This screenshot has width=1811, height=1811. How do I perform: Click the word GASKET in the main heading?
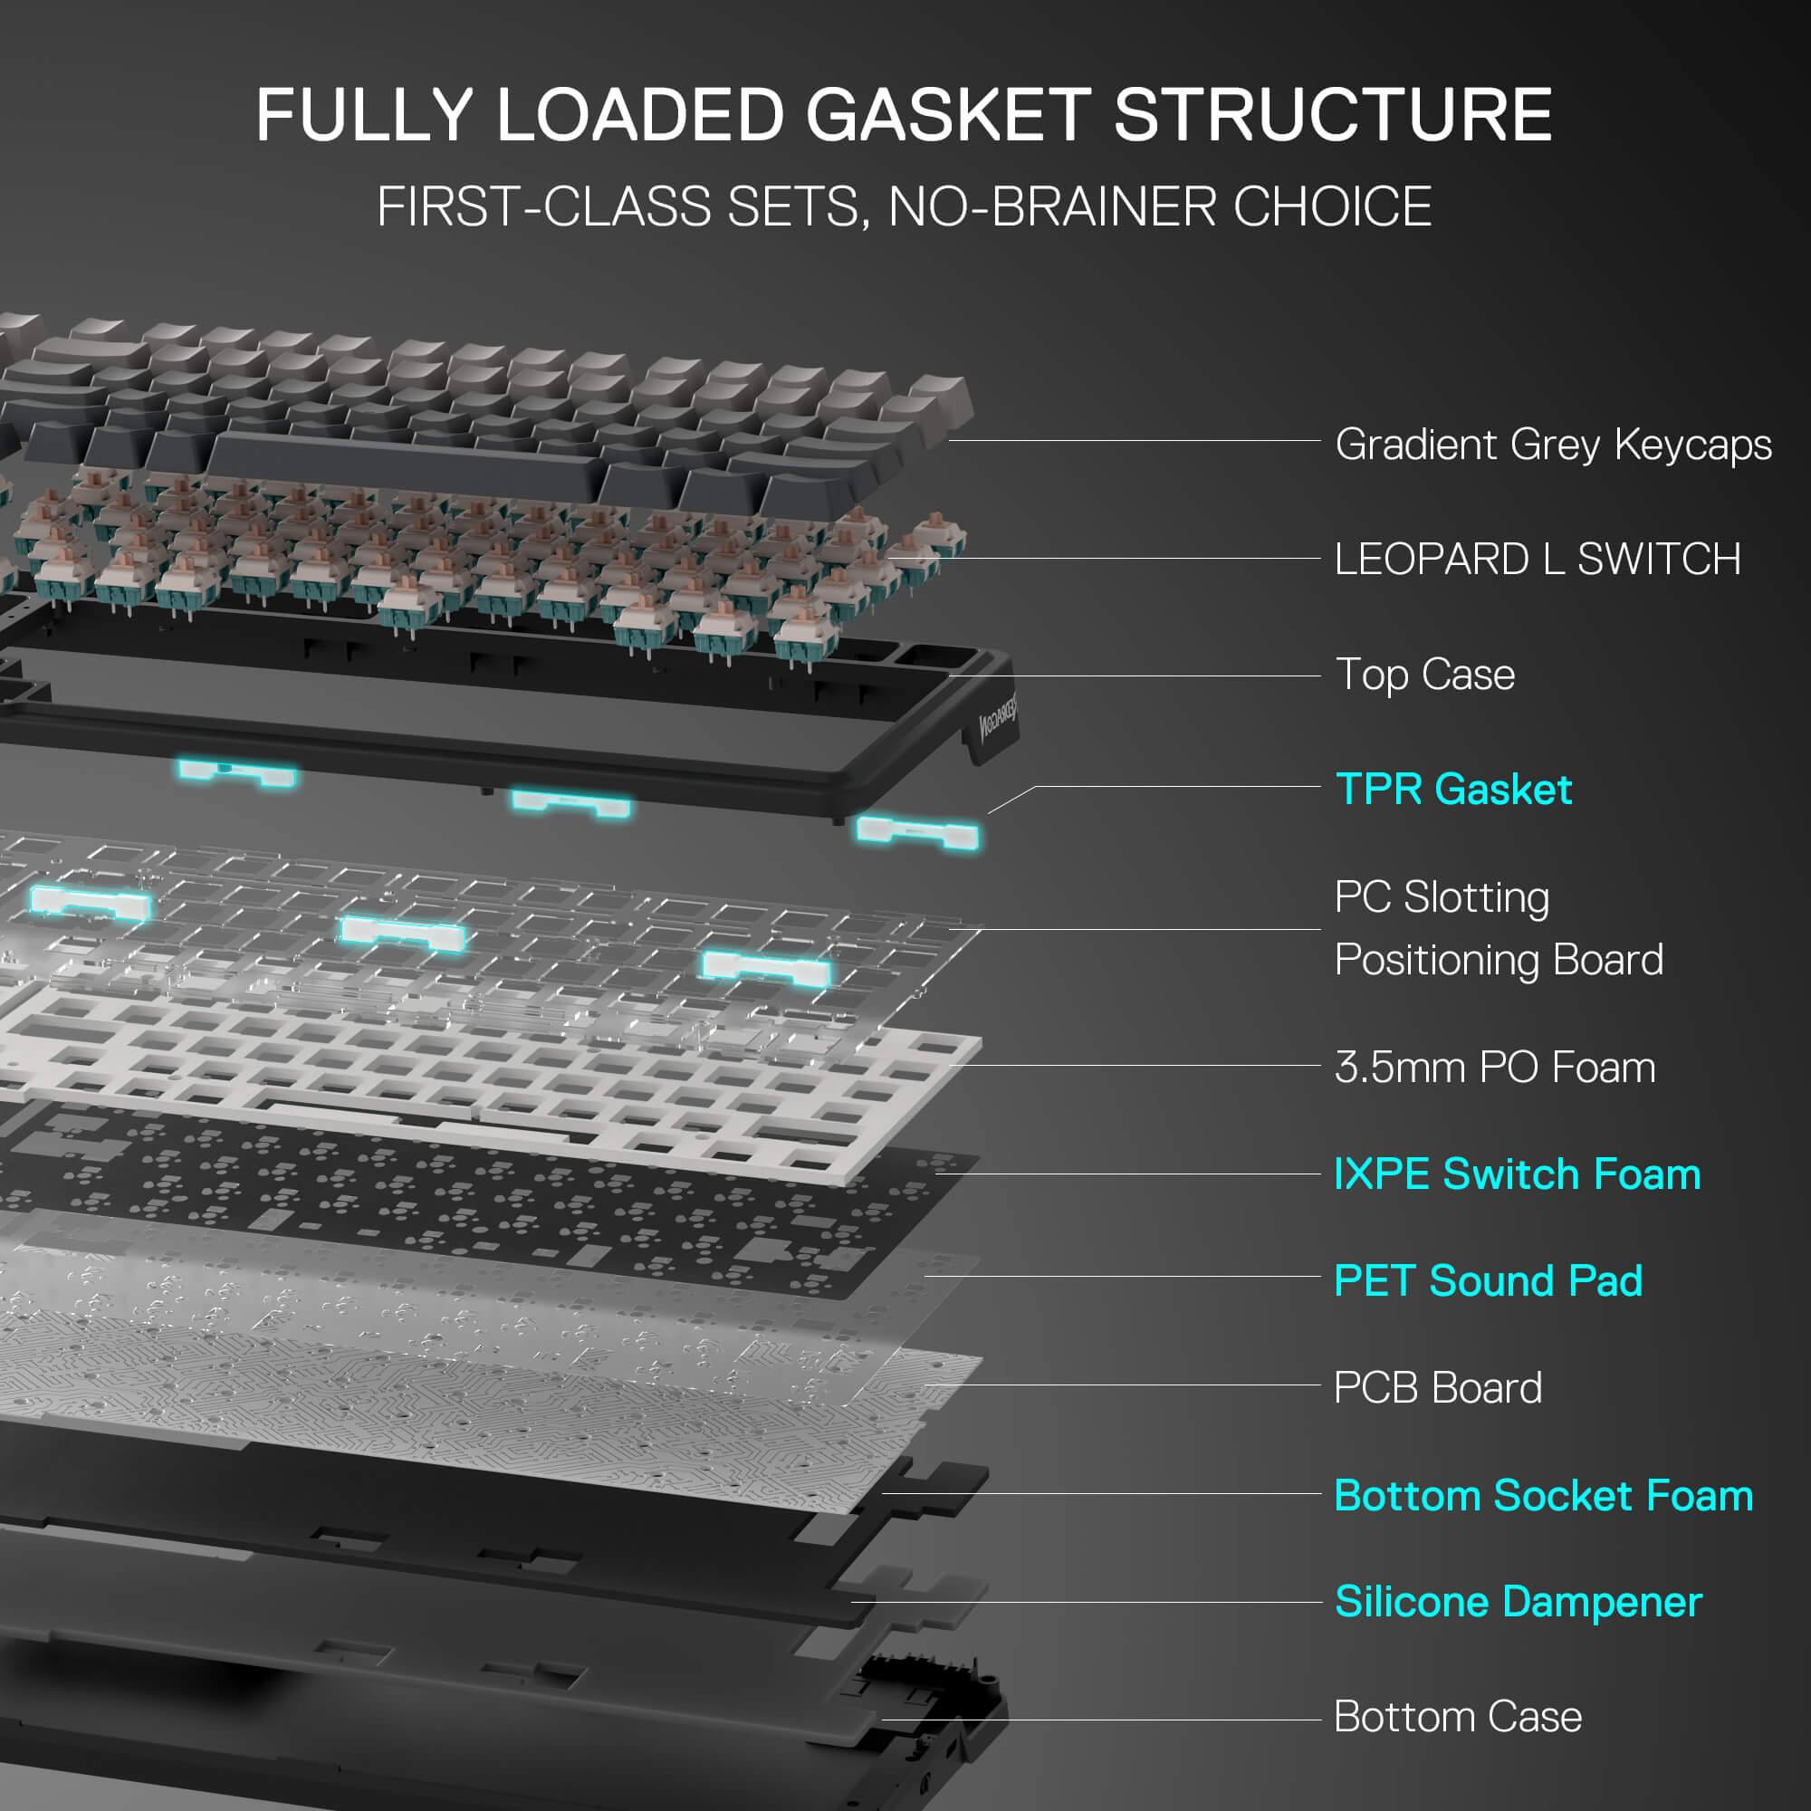pos(948,115)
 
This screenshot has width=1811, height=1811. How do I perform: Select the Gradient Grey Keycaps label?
pos(1552,445)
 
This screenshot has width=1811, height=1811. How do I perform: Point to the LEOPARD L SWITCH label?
pos(1538,560)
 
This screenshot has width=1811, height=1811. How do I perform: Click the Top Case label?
pos(1424,675)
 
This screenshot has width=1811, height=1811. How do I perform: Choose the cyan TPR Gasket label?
pos(1453,790)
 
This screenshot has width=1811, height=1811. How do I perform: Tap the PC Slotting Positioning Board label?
pos(1498,928)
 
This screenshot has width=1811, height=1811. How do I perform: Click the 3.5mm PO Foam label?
pos(1494,1068)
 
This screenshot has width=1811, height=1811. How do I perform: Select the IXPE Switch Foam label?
pos(1517,1174)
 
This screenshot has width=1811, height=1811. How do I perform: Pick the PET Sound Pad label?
pos(1488,1281)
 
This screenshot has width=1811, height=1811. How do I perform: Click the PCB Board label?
pos(1437,1388)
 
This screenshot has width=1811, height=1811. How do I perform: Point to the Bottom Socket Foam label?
pos(1543,1496)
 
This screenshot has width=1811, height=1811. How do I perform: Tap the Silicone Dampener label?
pos(1518,1602)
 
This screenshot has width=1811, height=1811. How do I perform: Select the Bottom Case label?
pos(1458,1717)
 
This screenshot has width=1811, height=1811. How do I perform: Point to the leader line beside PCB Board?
pos(1125,1385)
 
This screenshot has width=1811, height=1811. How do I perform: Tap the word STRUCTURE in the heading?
pos(1332,115)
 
